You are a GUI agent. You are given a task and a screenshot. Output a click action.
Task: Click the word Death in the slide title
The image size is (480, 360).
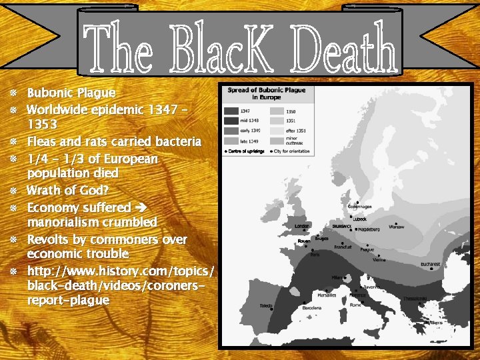coord(348,48)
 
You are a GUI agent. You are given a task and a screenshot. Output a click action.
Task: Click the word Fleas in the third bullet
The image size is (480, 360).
coord(44,141)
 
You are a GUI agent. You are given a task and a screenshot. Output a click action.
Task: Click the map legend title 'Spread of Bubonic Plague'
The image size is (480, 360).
coord(267,89)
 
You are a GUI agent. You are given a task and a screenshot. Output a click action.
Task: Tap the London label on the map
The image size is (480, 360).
coord(302,226)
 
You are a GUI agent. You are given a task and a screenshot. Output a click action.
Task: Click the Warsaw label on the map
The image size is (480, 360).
coord(396,227)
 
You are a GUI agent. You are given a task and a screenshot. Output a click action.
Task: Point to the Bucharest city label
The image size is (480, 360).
coord(430,264)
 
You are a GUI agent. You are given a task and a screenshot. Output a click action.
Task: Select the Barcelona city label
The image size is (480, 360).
coord(311,308)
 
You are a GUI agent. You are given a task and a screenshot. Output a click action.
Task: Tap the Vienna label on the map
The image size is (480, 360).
coord(379,260)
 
